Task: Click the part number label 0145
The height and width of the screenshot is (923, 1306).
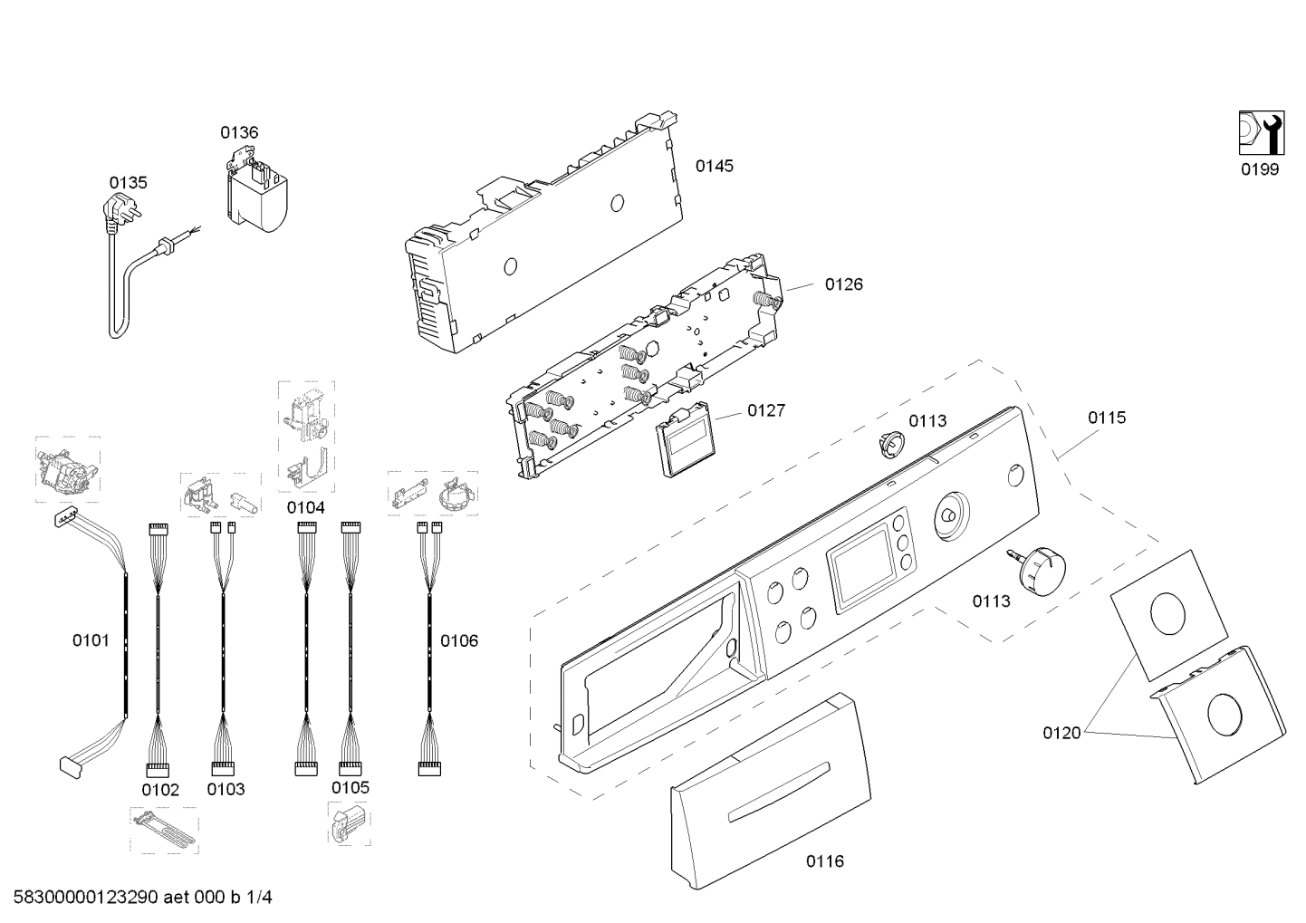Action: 714,166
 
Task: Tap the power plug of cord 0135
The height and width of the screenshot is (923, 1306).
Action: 123,214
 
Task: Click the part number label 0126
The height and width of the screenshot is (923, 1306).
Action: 843,284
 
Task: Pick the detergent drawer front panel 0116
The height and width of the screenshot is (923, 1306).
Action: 770,793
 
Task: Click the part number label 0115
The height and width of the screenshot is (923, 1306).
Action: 1107,418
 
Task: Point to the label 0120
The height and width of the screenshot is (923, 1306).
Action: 1061,733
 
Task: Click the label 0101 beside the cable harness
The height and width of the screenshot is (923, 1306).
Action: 91,641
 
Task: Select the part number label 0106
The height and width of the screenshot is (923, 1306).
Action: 459,641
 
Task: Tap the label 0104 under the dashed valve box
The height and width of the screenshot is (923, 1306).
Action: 306,508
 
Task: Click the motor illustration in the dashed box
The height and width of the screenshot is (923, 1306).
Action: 66,470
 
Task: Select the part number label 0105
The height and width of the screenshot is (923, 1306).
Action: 350,788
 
